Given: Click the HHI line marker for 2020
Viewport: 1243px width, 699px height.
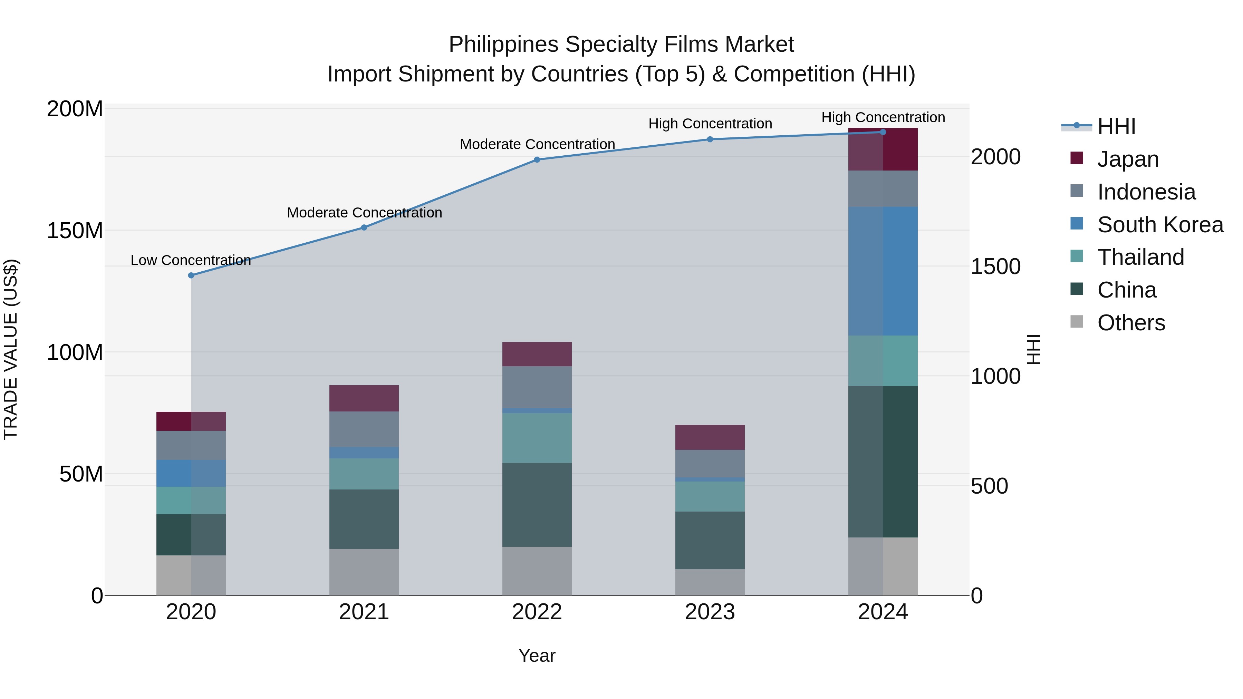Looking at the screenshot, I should point(191,275).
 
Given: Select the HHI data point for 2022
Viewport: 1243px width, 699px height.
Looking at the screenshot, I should point(537,160).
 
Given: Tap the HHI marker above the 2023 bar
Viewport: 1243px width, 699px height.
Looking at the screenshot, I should point(710,139).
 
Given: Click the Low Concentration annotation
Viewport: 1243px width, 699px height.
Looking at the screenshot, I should point(191,261).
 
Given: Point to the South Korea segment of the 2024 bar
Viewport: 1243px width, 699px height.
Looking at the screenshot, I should point(883,271).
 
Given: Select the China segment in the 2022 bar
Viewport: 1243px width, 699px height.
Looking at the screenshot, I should point(537,505).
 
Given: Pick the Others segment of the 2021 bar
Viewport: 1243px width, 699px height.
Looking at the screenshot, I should point(364,572).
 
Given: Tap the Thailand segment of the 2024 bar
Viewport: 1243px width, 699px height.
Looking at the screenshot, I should point(883,360).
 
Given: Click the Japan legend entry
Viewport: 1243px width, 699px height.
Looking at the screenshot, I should point(1128,159).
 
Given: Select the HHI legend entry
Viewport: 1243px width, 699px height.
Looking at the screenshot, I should point(1116,126).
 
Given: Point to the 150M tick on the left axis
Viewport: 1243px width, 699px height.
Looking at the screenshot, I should point(75,231).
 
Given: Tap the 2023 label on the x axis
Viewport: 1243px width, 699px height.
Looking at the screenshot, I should point(710,612).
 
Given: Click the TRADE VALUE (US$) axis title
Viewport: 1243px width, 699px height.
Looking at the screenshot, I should point(11,349).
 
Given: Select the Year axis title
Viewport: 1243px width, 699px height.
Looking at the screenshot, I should point(537,656).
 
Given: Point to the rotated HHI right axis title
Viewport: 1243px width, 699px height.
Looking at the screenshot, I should point(1033,349).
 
